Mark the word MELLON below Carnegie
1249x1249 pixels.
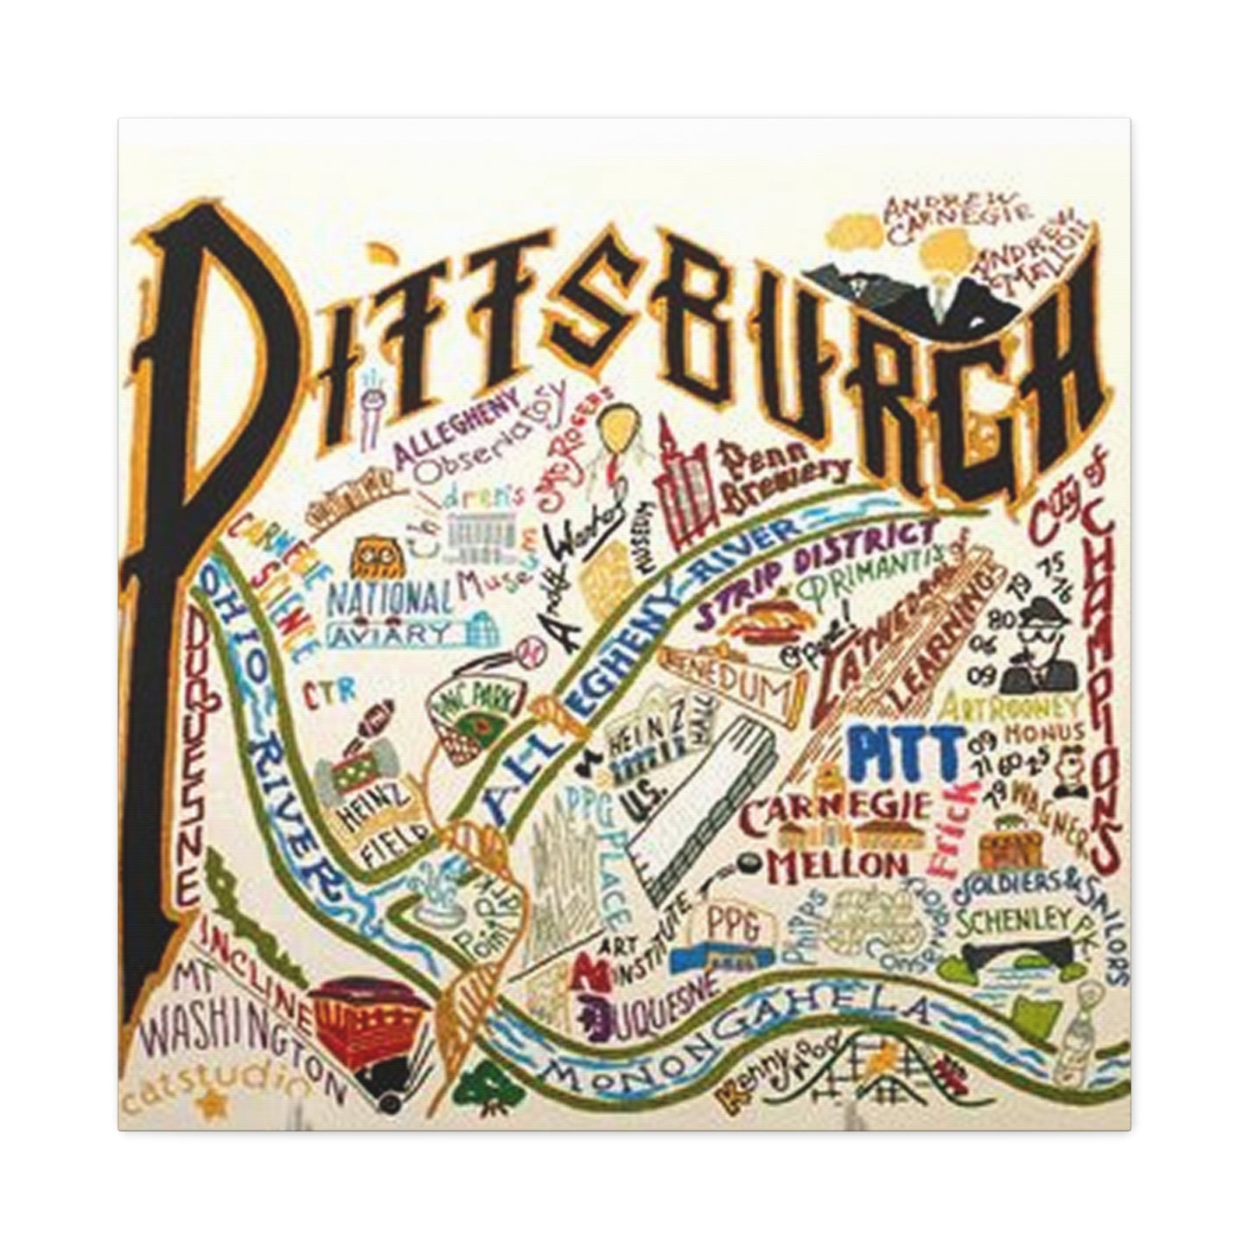pyautogui.click(x=821, y=864)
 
